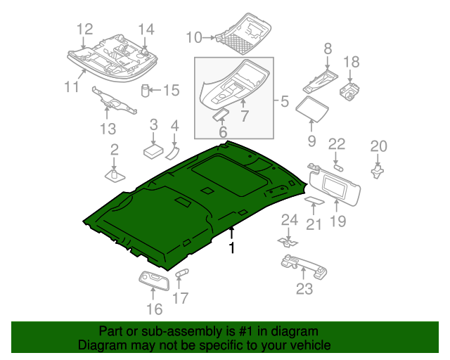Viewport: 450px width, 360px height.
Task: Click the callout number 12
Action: coord(84,29)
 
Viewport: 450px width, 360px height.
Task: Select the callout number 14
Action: coord(146,29)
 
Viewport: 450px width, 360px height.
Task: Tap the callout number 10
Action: coord(193,37)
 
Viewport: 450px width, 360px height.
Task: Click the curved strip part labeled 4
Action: coord(173,152)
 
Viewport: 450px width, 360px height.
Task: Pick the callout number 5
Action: coord(284,101)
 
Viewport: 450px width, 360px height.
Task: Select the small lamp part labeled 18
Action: coord(350,91)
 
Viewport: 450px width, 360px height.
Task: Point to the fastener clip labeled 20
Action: coord(378,169)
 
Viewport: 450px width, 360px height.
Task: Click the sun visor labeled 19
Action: coord(337,184)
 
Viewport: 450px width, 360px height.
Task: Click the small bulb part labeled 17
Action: coord(183,273)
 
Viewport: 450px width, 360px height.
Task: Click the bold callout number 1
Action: coord(231,247)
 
